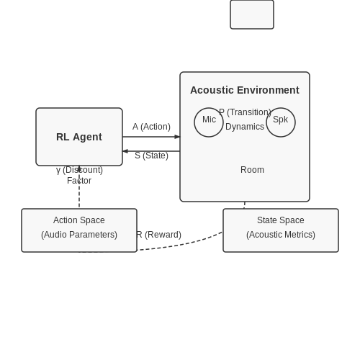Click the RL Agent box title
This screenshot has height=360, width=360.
(79, 137)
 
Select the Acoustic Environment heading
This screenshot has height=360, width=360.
(245, 90)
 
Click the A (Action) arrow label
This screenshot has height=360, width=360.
(151, 127)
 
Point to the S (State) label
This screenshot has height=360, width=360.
(151, 156)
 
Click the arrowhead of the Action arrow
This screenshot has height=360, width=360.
(177, 137)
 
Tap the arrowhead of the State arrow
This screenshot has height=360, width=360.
(125, 151)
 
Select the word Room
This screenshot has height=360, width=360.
(252, 170)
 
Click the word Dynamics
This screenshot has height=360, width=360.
(245, 127)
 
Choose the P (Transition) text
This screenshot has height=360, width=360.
(245, 112)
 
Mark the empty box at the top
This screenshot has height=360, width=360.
(252, 14)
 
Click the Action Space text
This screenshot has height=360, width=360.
(79, 220)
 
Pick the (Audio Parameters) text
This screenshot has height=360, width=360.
(79, 235)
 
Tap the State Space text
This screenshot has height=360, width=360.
(281, 220)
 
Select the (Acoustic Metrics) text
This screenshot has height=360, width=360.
(281, 235)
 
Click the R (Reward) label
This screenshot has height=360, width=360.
(158, 235)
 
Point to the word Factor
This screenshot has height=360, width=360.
(79, 181)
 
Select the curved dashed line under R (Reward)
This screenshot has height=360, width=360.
(179, 245)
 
